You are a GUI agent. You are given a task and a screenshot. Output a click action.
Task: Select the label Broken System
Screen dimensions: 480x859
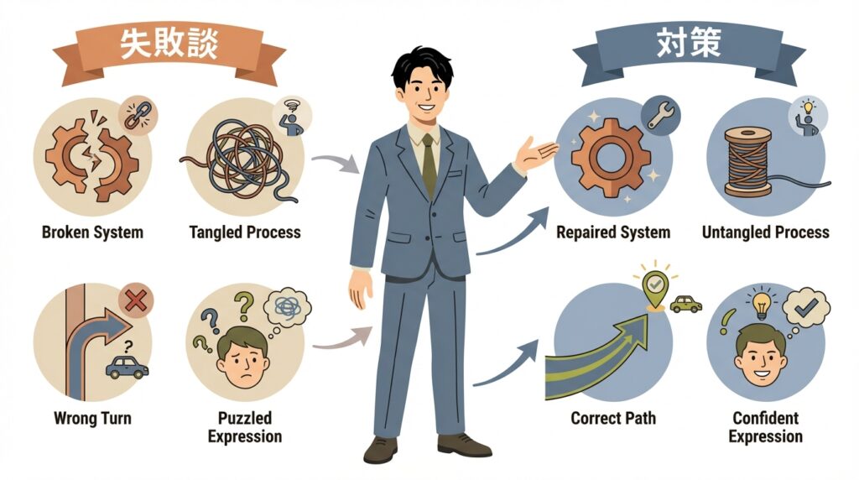pyautogui.click(x=92, y=232)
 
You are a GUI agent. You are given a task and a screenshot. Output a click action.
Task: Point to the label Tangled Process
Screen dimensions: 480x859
pyautogui.click(x=245, y=232)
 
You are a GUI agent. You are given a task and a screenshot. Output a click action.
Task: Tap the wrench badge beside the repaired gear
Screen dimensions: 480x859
pyautogui.click(x=661, y=116)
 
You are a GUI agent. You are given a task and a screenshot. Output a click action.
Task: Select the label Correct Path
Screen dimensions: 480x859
pyautogui.click(x=613, y=418)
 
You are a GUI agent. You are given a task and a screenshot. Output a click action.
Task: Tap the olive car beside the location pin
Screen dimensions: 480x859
pyautogui.click(x=686, y=304)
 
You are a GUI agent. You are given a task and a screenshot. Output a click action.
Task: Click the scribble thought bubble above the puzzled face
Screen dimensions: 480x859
pyautogui.click(x=287, y=309)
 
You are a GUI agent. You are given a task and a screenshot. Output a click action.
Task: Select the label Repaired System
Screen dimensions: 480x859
pyautogui.click(x=613, y=232)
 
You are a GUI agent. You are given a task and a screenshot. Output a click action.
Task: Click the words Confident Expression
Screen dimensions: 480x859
pyautogui.click(x=765, y=426)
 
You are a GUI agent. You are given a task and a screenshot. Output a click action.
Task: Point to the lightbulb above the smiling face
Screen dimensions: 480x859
pyautogui.click(x=761, y=303)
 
